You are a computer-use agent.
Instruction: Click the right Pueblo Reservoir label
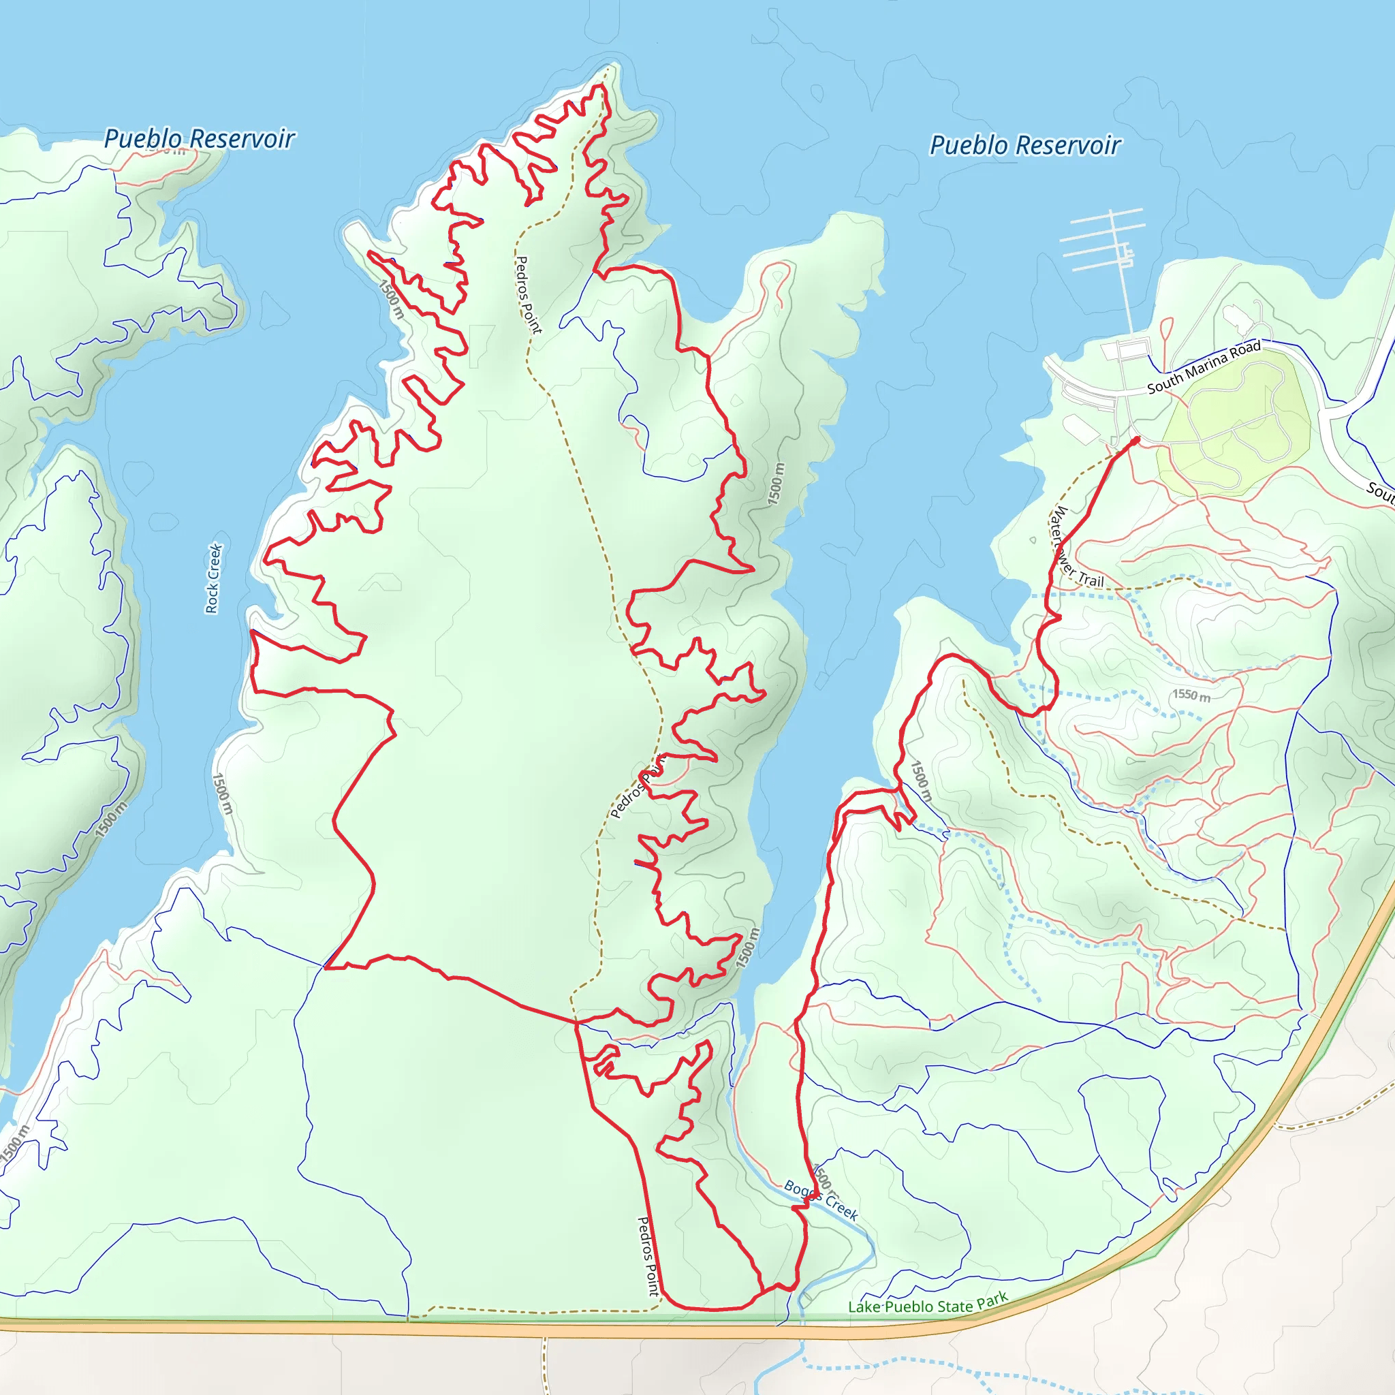[x=1024, y=145]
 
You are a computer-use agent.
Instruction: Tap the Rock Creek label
[x=214, y=578]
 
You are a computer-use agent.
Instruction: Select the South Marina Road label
[x=1204, y=367]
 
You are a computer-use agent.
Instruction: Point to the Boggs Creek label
[x=821, y=1200]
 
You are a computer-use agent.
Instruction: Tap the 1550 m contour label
[x=1191, y=695]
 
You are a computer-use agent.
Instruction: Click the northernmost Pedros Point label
[x=527, y=294]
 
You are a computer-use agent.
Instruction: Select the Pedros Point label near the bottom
[x=648, y=1255]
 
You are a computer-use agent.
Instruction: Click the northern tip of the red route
[x=599, y=86]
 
